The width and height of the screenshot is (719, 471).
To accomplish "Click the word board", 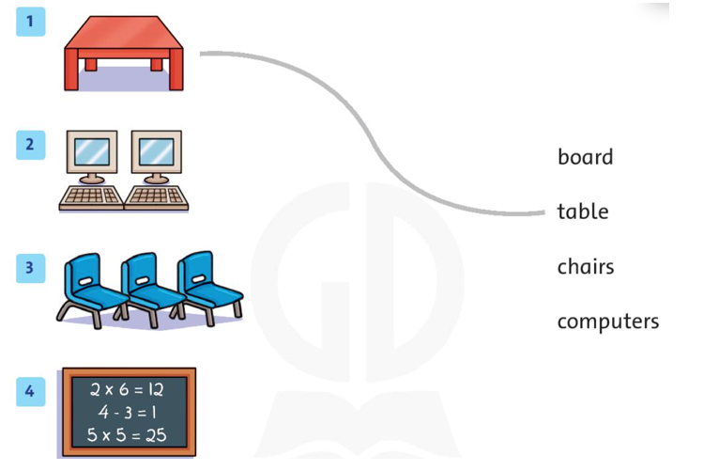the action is point(585,157).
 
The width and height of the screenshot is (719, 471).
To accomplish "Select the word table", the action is point(583,212).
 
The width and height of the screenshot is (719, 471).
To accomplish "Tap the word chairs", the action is point(586,266).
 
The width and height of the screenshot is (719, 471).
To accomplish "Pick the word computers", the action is point(608,322).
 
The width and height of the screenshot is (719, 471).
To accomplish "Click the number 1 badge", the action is point(31,22).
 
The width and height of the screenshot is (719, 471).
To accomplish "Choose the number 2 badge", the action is point(31,145).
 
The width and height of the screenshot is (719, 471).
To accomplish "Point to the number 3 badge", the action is point(31,268).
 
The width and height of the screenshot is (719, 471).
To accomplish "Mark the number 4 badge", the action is point(31,392).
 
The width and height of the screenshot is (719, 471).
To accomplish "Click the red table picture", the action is point(124,53).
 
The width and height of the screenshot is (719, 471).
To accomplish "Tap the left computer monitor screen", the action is point(92,151).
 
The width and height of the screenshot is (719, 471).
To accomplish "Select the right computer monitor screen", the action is point(157,151).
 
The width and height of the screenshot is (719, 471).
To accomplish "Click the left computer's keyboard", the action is point(91,197).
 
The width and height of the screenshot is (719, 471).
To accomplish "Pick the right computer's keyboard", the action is point(157,197).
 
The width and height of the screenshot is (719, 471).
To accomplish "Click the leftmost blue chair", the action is point(92,290).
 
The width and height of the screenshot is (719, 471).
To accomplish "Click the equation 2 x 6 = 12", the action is point(127,390).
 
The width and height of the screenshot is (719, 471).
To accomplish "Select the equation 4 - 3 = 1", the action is point(127,412).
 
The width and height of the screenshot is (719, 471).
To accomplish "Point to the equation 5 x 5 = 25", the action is point(127,434).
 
